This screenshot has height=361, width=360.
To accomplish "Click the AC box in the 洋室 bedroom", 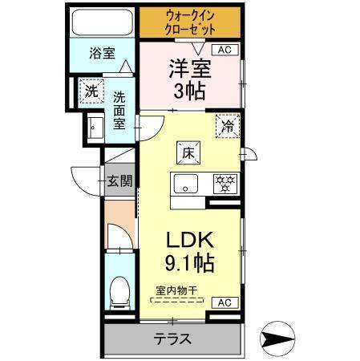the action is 225,50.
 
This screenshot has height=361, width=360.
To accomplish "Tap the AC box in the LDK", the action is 225,302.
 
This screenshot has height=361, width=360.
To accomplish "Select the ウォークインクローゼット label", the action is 190,22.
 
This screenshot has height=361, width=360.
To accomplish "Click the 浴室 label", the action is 103,53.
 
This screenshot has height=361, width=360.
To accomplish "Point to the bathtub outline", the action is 103,22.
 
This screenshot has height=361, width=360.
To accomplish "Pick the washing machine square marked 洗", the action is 91,91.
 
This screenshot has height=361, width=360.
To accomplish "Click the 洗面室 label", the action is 119,111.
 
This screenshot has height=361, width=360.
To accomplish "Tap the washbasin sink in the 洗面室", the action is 95,128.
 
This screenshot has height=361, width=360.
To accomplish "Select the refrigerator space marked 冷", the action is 228,126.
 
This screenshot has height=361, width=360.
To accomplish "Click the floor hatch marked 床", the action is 188,152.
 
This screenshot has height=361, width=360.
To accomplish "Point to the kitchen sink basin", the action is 186,184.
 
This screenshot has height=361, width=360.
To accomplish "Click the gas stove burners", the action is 225,184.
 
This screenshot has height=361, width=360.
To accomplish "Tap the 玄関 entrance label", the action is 119,181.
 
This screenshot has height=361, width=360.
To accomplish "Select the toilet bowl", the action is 120,293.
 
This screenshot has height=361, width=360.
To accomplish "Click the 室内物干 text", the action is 176,290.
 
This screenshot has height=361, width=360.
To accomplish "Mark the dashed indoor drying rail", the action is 177,300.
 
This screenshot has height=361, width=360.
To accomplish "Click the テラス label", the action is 172,339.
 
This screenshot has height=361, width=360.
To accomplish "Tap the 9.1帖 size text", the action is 190,263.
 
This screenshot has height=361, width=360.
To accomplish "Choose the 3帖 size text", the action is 189,91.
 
